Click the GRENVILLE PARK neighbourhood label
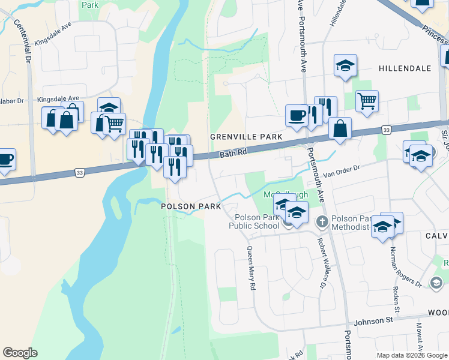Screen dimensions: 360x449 (246, 137)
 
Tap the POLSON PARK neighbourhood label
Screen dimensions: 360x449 (191, 206)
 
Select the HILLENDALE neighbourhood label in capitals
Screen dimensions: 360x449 (405, 68)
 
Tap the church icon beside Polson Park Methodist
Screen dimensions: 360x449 (322, 221)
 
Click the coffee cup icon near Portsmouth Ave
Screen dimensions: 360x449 (296, 115)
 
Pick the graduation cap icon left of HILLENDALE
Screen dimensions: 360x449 (345, 65)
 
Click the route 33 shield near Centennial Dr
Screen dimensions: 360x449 (79, 172)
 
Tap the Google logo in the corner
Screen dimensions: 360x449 (20, 353)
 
